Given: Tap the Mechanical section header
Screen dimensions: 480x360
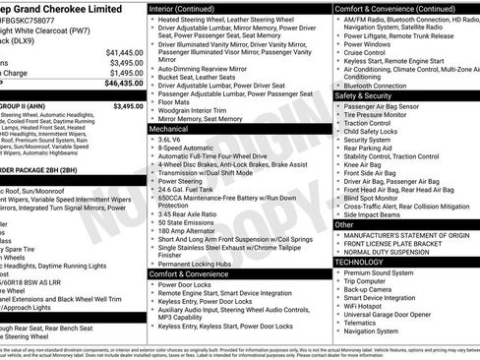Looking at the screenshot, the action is tap(168, 128).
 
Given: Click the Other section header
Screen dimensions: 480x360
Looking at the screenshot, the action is tap(343, 224).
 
